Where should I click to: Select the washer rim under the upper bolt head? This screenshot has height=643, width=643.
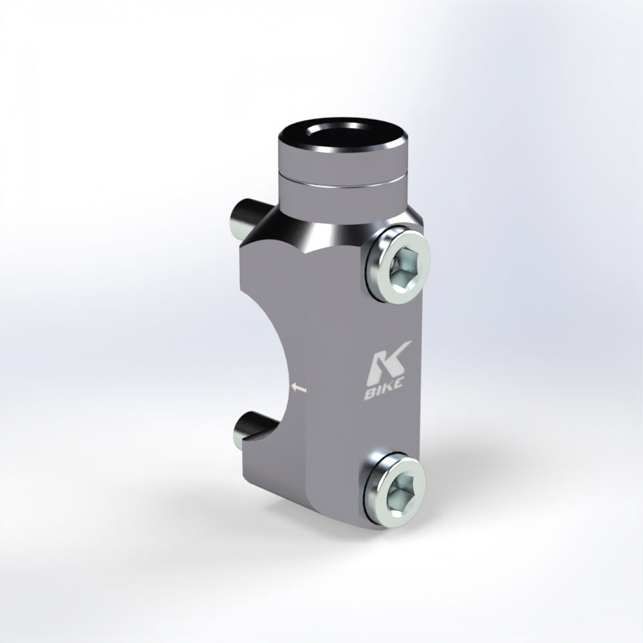click(x=370, y=267)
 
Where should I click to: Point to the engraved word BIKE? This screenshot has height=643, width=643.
click(x=383, y=390)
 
